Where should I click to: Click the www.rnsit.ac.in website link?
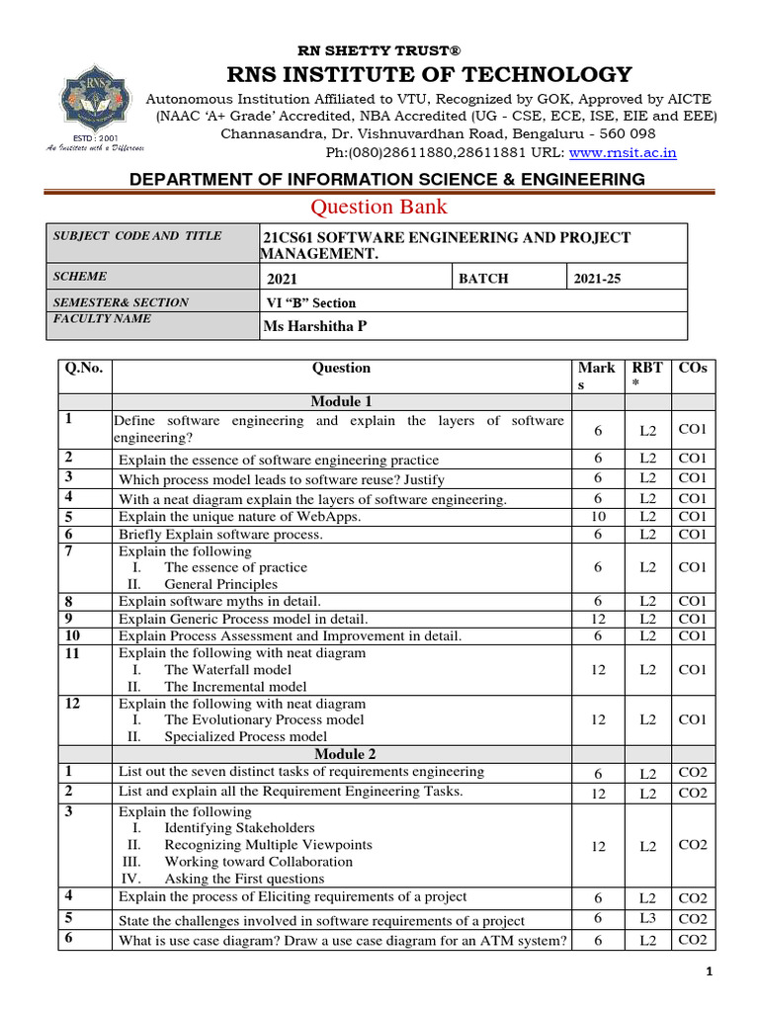(624, 152)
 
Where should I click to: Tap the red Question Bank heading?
(379, 207)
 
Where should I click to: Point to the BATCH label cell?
(483, 279)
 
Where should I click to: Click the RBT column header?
(647, 376)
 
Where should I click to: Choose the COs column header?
(693, 368)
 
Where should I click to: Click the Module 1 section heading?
(341, 401)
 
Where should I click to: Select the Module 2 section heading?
(341, 754)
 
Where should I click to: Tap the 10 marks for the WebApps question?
(598, 517)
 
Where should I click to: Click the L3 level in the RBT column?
(647, 919)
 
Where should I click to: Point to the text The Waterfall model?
(228, 669)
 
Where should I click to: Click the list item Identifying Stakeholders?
(239, 827)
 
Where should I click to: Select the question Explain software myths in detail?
(219, 601)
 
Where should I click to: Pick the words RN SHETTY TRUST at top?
(379, 50)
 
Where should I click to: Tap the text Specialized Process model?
(245, 736)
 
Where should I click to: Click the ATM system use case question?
(343, 941)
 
